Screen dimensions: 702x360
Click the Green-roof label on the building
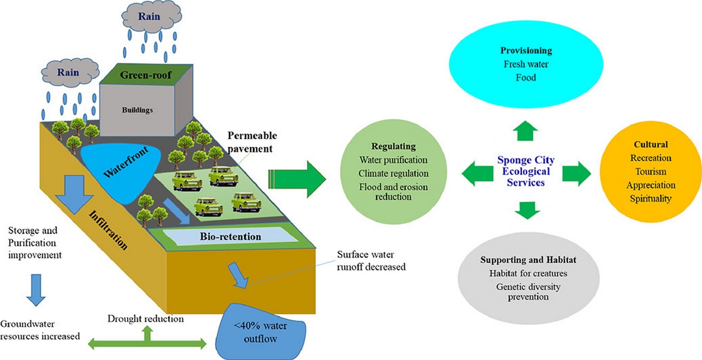(x=146, y=75)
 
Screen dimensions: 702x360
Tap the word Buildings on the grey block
(x=137, y=110)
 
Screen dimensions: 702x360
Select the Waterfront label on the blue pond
(x=125, y=162)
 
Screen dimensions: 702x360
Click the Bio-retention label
(x=230, y=237)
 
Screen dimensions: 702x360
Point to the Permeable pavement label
(x=252, y=142)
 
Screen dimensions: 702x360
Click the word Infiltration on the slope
(x=108, y=230)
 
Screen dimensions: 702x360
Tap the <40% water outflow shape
(x=260, y=332)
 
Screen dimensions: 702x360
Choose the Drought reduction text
(x=145, y=319)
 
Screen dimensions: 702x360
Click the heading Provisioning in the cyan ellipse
(x=526, y=50)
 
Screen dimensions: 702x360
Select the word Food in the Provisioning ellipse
(x=526, y=77)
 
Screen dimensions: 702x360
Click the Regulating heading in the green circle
(x=393, y=147)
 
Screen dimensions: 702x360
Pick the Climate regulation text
(x=393, y=173)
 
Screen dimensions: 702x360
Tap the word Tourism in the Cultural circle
(x=651, y=172)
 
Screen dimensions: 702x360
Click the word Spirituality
(x=651, y=199)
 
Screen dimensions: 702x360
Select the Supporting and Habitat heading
(x=528, y=259)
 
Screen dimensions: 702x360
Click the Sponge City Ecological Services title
(x=526, y=171)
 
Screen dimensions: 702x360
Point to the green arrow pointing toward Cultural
(x=577, y=174)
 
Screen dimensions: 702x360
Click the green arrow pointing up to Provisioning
(x=525, y=131)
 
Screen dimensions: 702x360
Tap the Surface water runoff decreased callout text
(x=371, y=261)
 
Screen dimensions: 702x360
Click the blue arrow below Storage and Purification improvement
(x=36, y=290)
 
